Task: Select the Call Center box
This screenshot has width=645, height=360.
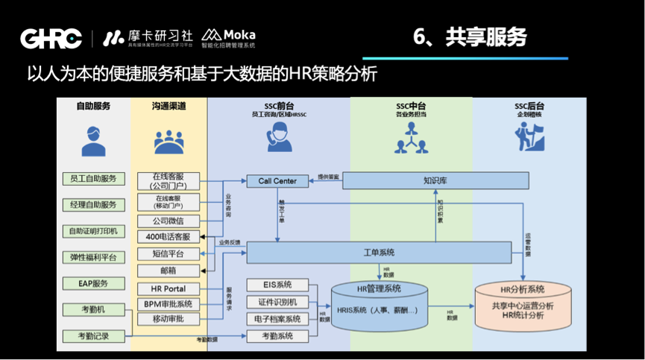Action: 277,180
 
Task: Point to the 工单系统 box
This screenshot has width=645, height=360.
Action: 379,253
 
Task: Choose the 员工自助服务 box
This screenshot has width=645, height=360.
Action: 93,179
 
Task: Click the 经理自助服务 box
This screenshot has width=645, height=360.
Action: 93,205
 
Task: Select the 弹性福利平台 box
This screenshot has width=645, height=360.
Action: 93,257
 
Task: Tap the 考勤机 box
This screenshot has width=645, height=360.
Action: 93,309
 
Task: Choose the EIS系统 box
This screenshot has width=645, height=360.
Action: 277,285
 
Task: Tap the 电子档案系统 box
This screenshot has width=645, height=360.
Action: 277,319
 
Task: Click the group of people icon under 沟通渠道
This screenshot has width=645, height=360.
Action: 169,141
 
